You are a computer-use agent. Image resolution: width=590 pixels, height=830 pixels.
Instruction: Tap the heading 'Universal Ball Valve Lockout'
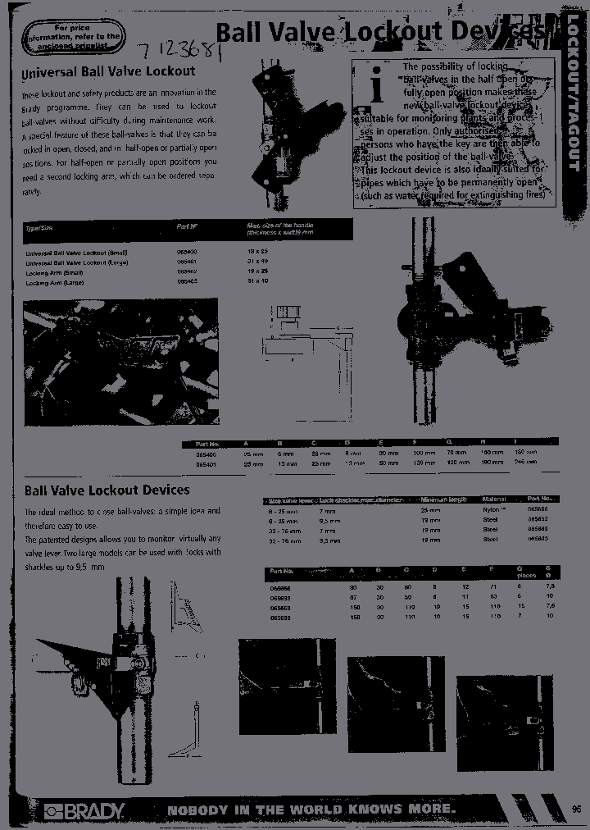point(108,72)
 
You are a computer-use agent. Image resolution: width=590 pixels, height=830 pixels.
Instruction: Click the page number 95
point(576,809)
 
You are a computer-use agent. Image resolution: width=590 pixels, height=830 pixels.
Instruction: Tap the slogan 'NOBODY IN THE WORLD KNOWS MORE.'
point(311,810)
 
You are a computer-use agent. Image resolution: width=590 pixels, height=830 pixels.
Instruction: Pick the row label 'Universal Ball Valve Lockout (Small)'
point(76,253)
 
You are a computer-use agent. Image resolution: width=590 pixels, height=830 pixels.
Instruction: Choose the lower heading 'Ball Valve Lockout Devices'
point(107,490)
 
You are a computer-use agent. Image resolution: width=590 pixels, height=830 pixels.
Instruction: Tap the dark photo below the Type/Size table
point(121,362)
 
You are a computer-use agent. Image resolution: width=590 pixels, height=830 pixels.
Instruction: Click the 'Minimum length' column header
point(443,499)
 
